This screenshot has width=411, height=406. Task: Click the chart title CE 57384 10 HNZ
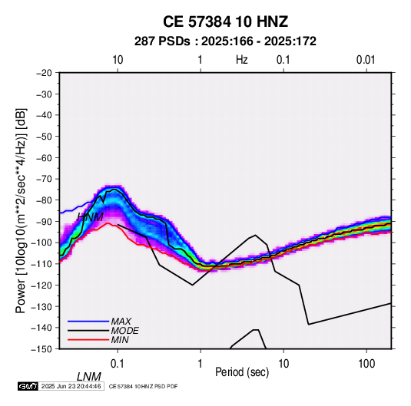225,21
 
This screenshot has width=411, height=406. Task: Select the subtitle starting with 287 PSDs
225,41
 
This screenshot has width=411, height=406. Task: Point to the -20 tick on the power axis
44,73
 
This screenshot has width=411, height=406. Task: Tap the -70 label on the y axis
44,179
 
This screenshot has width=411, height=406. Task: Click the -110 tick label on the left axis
41,264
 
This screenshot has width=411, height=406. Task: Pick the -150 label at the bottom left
41,349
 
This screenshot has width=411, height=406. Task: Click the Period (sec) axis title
242,372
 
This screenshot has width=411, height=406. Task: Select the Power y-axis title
21,210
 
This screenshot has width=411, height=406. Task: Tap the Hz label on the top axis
242,60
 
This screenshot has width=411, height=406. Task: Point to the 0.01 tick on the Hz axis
366,60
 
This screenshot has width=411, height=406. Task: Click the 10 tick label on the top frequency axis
118,60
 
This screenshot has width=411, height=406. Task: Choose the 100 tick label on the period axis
366,364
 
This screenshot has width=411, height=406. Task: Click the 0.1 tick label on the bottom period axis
118,364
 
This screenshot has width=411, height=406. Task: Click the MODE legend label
124,331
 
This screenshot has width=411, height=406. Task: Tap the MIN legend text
120,340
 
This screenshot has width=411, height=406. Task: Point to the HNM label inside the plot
90,217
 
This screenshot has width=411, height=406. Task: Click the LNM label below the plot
89,377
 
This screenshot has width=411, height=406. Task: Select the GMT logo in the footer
28,386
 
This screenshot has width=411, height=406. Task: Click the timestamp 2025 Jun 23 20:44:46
71,386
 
